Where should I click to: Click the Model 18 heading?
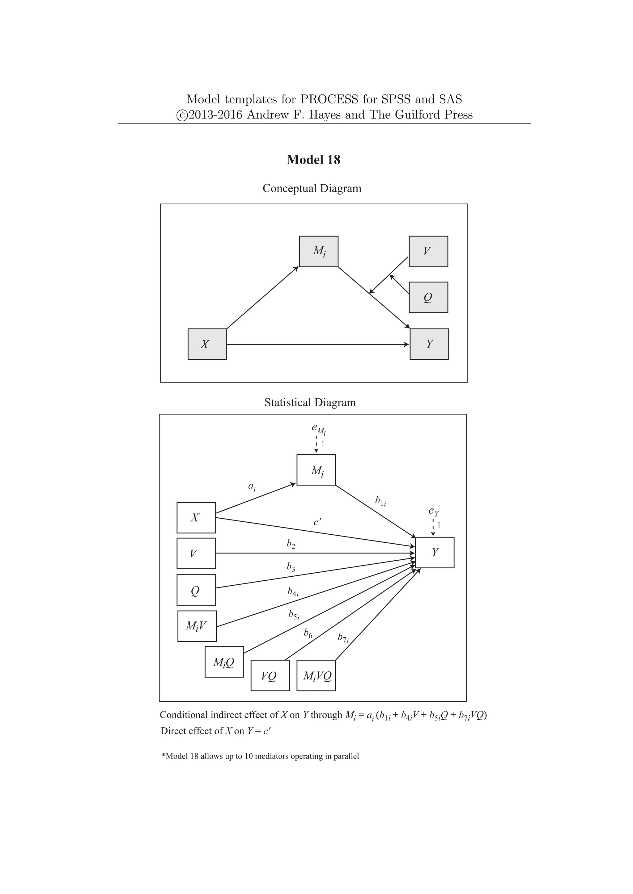click(313, 160)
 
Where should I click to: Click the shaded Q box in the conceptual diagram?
click(428, 298)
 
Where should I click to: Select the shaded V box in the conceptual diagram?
click(428, 252)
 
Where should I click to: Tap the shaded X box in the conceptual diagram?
click(207, 344)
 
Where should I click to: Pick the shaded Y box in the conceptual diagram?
click(429, 344)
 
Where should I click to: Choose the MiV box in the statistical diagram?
click(197, 626)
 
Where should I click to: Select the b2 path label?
click(291, 544)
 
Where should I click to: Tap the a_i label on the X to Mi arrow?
click(252, 487)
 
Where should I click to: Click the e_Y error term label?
click(433, 511)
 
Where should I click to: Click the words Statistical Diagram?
click(310, 403)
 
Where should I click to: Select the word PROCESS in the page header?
click(329, 99)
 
